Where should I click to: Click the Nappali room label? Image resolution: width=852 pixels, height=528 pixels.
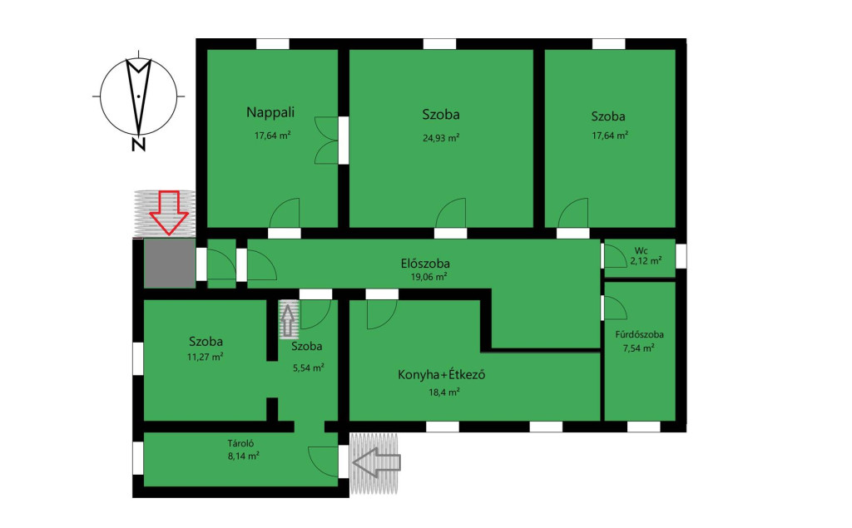click(270, 112)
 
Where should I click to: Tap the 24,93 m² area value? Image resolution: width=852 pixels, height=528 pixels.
click(441, 138)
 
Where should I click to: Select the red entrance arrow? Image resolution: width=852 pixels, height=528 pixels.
click(169, 212)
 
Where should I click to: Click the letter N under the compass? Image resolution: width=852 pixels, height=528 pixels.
click(139, 145)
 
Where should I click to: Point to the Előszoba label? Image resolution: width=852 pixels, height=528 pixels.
click(425, 264)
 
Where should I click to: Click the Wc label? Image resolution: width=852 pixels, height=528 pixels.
click(641, 251)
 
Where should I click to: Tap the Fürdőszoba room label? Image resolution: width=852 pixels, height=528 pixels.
click(639, 334)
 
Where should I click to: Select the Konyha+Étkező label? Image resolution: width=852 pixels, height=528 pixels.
click(441, 375)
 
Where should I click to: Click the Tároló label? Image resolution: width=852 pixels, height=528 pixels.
click(240, 443)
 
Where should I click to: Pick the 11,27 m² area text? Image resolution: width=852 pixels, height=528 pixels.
click(205, 357)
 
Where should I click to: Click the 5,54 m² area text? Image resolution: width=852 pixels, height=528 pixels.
click(309, 368)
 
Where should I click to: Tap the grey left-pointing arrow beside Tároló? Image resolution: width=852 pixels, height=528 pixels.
click(377, 462)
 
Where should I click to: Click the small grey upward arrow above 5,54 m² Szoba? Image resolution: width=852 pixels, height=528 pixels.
click(289, 320)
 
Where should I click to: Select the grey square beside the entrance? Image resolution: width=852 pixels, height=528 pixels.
click(170, 264)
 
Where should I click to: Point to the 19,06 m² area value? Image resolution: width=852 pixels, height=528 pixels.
click(428, 277)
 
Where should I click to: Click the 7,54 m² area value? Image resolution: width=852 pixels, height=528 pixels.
click(638, 348)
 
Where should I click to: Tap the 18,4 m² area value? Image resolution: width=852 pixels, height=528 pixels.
click(444, 392)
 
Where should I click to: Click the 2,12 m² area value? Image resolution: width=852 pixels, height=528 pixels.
click(646, 261)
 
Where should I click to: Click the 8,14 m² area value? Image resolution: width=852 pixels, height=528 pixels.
click(243, 456)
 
